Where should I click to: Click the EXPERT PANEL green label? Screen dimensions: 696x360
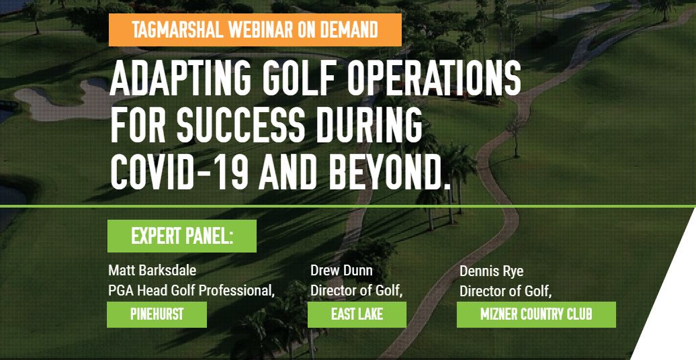pos(182,236)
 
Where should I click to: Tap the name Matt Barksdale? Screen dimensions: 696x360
pos(153,270)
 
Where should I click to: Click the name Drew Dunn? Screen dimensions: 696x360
pos(341,270)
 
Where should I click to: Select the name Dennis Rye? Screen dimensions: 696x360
pos(491,271)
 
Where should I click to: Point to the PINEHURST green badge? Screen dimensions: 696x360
pos(157,314)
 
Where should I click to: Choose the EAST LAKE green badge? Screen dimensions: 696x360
pos(357,314)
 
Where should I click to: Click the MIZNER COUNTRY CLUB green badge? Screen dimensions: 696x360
pos(536,314)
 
